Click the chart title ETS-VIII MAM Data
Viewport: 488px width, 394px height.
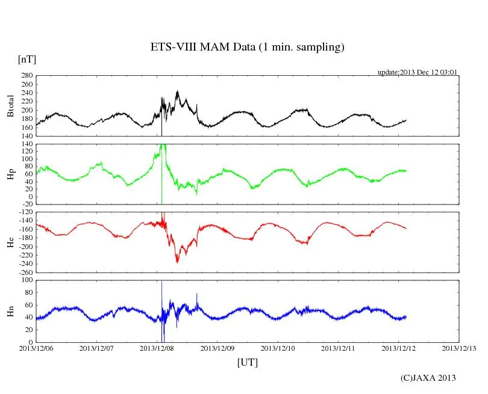point(247,48)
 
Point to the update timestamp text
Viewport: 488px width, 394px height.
point(418,72)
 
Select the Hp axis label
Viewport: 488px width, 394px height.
point(10,174)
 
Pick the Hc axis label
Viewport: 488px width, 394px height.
point(10,243)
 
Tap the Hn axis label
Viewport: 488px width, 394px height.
point(10,311)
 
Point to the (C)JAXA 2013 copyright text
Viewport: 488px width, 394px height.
point(428,378)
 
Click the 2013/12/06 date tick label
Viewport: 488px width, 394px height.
point(36,348)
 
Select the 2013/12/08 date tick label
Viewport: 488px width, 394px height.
point(157,348)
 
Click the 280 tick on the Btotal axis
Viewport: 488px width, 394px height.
point(27,76)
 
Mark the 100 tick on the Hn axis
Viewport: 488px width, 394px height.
point(27,280)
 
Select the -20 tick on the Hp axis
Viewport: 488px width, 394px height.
point(27,205)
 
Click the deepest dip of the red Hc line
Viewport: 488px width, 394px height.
point(177,262)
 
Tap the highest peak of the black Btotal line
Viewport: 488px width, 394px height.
point(177,91)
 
